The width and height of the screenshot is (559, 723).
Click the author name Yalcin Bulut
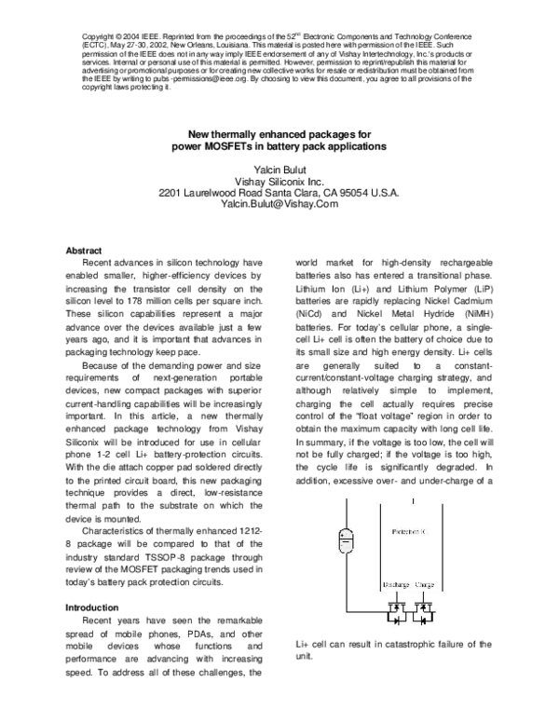[279, 169]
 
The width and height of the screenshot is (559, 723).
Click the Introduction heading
[91, 606]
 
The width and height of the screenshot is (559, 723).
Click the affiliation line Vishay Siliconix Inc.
[279, 180]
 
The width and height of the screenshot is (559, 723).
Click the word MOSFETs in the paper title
[223, 146]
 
